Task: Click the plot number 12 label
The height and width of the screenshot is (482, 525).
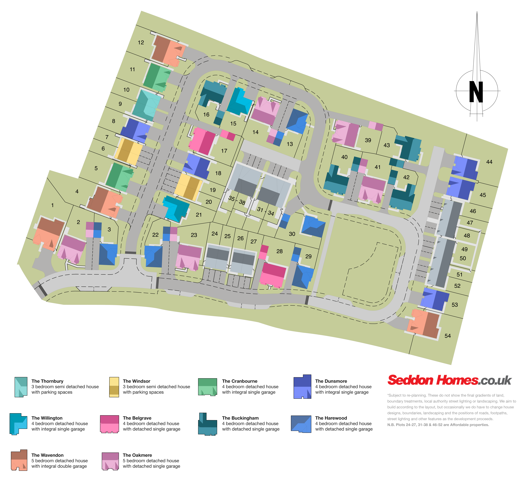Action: click(141, 43)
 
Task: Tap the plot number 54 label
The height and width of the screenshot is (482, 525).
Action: click(447, 336)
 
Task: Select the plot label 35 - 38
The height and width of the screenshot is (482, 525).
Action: click(237, 200)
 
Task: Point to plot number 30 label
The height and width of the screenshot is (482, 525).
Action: click(292, 234)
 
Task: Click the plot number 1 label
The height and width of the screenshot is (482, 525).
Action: click(52, 205)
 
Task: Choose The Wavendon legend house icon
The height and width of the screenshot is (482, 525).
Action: click(19, 460)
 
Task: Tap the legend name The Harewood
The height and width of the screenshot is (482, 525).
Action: click(331, 418)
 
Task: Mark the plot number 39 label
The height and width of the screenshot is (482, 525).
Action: click(368, 140)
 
